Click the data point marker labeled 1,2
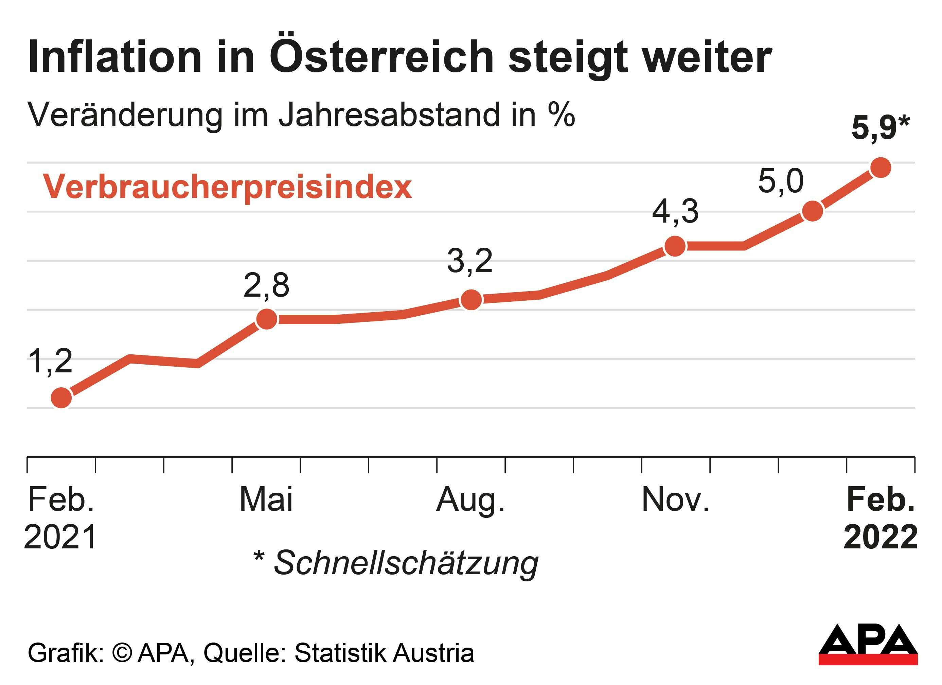[61, 398]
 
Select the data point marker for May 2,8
[267, 319]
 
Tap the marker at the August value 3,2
[471, 299]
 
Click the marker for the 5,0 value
[813, 211]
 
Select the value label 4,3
[675, 212]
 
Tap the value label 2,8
[266, 286]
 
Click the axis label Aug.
[470, 500]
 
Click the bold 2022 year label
[881, 537]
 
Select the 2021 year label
[61, 537]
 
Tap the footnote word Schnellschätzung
[406, 563]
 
